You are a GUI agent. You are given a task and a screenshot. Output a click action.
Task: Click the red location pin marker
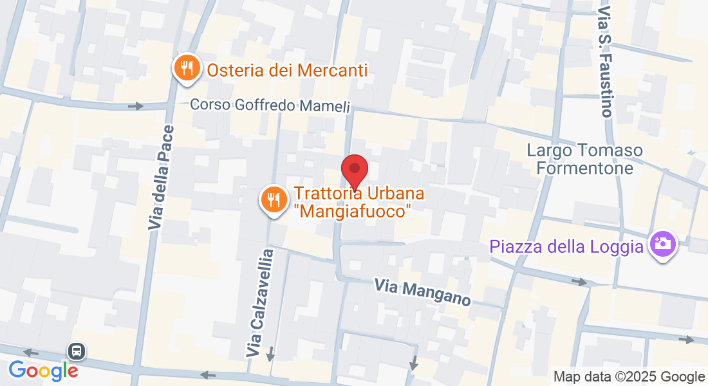pos(354,169)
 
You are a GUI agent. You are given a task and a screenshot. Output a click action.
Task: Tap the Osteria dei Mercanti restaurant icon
pos(187,67)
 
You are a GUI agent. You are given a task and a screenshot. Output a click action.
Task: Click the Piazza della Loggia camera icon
pos(662,244)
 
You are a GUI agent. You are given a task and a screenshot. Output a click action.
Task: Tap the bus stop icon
pos(76,351)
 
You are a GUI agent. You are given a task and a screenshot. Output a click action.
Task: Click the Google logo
pos(43,370)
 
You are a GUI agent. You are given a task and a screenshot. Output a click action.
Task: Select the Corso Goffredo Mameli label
pos(270,105)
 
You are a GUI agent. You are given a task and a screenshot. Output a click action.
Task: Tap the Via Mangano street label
pos(423,291)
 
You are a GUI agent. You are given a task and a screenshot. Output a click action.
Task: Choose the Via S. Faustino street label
pos(604,62)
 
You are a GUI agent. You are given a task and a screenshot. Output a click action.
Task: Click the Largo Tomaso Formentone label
pos(584,159)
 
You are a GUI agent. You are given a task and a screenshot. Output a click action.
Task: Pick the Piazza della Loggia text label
pos(566,246)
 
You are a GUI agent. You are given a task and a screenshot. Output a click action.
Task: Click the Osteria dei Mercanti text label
pos(287,69)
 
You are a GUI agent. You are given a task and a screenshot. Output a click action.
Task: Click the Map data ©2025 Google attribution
pos(629,377)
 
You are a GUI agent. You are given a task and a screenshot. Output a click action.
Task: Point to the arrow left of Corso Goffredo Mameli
pos(135,106)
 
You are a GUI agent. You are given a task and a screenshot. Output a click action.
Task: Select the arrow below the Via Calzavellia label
pos(270,354)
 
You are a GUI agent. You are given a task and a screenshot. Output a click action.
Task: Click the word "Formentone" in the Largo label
pos(584,168)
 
